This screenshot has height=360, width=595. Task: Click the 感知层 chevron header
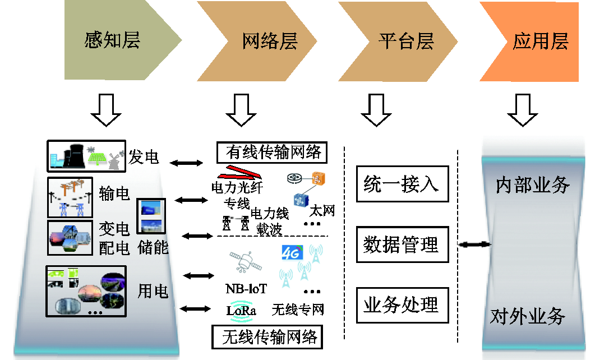pyautogui.click(x=122, y=40)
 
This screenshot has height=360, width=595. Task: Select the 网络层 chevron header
pyautogui.click(x=257, y=41)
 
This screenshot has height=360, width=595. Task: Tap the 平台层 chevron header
pyautogui.click(x=398, y=41)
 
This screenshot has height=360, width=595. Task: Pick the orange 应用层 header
pyautogui.click(x=529, y=41)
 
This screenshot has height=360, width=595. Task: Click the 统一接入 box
pyautogui.click(x=402, y=184)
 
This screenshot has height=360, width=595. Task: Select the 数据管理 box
pyautogui.click(x=402, y=244)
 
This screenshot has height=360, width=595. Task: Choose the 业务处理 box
pyautogui.click(x=402, y=306)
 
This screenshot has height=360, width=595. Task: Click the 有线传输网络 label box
pyautogui.click(x=271, y=152)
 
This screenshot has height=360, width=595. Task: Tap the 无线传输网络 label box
pyautogui.click(x=267, y=337)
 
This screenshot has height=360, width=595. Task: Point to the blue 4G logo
pyautogui.click(x=292, y=253)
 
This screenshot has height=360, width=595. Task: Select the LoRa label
pyautogui.click(x=241, y=311)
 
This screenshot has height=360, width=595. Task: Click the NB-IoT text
pyautogui.click(x=246, y=289)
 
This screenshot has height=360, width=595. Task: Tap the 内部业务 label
pyautogui.click(x=533, y=185)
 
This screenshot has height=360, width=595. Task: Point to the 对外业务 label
pyautogui.click(x=528, y=316)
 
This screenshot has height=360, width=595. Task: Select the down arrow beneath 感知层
pyautogui.click(x=106, y=110)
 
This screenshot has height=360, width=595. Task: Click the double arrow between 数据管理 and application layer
pyautogui.click(x=474, y=244)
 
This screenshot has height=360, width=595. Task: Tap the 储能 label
pyautogui.click(x=153, y=247)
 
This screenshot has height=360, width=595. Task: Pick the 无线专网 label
pyautogui.click(x=298, y=310)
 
